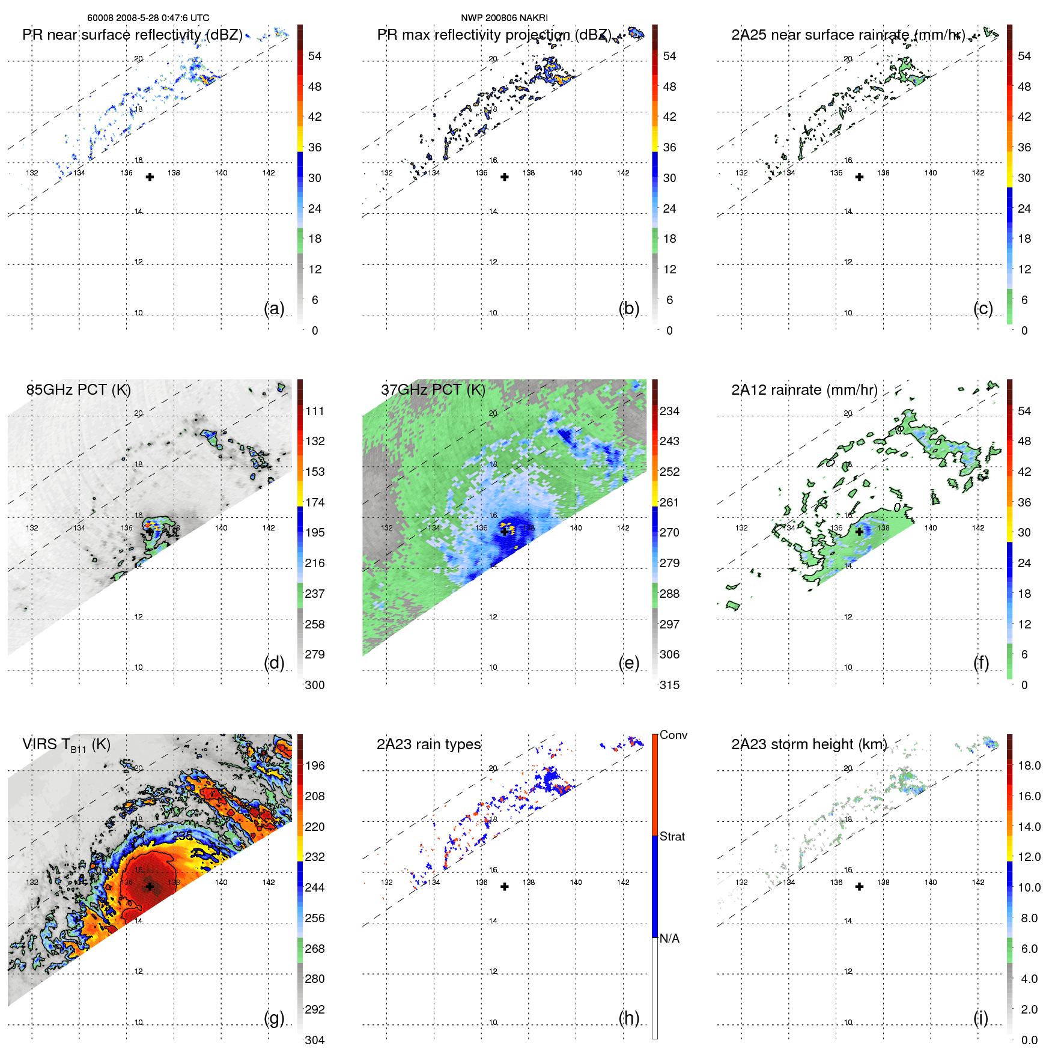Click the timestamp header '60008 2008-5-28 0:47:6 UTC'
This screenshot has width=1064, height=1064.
click(x=148, y=18)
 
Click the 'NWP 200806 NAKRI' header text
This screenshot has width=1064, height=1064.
click(x=504, y=18)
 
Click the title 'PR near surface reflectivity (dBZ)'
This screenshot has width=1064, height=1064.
click(x=132, y=35)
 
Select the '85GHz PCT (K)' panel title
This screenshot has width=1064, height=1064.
click(x=78, y=390)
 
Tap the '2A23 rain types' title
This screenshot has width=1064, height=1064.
click(x=428, y=744)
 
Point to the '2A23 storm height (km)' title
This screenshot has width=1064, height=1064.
click(x=809, y=744)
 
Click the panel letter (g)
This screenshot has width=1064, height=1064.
click(x=274, y=1018)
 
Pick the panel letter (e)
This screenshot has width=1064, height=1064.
click(x=628, y=663)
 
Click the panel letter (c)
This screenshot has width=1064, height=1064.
click(x=983, y=308)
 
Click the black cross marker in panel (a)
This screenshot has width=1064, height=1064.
click(x=150, y=177)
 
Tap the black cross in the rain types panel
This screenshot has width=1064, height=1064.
click(x=505, y=887)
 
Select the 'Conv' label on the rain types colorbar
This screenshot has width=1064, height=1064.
click(x=673, y=735)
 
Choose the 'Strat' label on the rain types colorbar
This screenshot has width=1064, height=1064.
click(x=672, y=837)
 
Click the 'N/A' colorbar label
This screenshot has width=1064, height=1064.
click(x=669, y=938)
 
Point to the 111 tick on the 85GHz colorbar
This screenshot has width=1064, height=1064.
click(x=314, y=412)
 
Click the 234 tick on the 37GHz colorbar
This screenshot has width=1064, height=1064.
click(x=669, y=412)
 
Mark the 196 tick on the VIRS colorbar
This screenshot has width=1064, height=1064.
click(x=314, y=766)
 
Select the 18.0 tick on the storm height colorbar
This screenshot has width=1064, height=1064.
click(x=1029, y=766)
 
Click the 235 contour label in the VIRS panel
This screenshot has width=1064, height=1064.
click(x=182, y=836)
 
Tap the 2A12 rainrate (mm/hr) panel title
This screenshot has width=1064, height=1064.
click(x=804, y=390)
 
